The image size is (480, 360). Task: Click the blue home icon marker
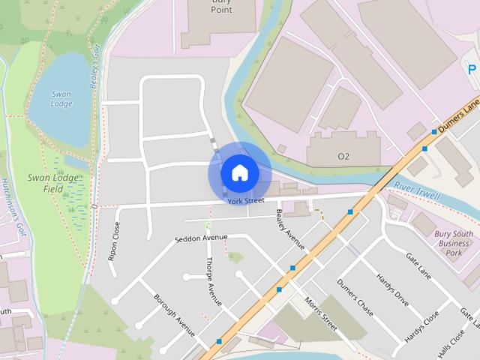click(x=239, y=173)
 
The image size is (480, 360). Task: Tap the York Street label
click(x=247, y=201)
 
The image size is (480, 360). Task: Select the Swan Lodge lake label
click(x=61, y=98)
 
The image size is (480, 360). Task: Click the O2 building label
click(x=343, y=157)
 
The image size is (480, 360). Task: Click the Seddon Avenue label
click(x=200, y=238)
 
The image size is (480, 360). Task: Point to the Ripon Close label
click(x=114, y=240)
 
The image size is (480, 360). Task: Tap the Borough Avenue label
click(x=175, y=314)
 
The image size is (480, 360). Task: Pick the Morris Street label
click(x=321, y=312)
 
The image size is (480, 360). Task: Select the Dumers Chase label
click(x=355, y=297)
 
